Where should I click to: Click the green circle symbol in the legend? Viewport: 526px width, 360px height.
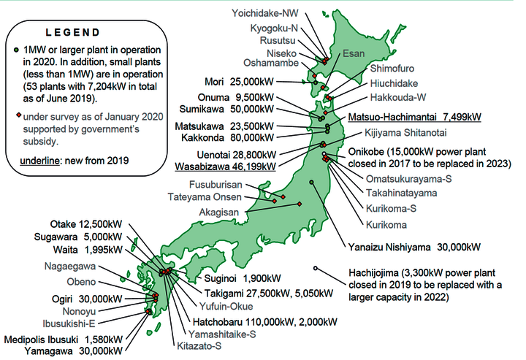point(17,49)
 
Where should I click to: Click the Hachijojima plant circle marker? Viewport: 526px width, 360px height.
point(316,268)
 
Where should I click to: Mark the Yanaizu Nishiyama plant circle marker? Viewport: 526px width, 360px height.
point(311,181)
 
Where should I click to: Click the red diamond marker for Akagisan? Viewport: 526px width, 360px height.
point(299,204)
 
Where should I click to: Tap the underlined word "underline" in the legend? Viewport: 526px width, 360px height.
point(33,160)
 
